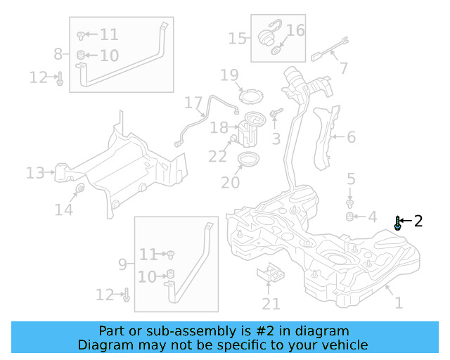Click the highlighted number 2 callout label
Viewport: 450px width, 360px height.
pyautogui.click(x=418, y=221)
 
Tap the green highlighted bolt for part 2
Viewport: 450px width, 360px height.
pyautogui.click(x=399, y=224)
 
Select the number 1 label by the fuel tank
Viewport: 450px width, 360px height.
pyautogui.click(x=399, y=303)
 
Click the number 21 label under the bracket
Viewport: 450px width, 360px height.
pyautogui.click(x=271, y=304)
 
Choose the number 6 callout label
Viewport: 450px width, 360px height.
pyautogui.click(x=351, y=137)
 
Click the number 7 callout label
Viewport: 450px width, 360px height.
pyautogui.click(x=343, y=68)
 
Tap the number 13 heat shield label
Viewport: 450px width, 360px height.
pyautogui.click(x=35, y=172)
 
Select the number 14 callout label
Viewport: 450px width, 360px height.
pyautogui.click(x=64, y=209)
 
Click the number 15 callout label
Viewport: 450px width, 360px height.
pyautogui.click(x=238, y=37)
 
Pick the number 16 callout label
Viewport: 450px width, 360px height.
pyautogui.click(x=295, y=30)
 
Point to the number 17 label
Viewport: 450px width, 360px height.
pyautogui.click(x=193, y=103)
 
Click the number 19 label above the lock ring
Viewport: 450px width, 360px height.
pyautogui.click(x=230, y=75)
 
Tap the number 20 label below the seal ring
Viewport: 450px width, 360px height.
pyautogui.click(x=230, y=182)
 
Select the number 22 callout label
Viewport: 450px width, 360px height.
pyautogui.click(x=217, y=156)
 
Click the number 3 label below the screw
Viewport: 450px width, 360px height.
pyautogui.click(x=276, y=139)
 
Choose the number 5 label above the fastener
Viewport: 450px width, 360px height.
pyautogui.click(x=351, y=179)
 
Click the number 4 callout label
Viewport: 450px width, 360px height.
pyautogui.click(x=373, y=217)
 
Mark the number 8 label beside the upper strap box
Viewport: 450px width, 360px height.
pyautogui.click(x=58, y=53)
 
